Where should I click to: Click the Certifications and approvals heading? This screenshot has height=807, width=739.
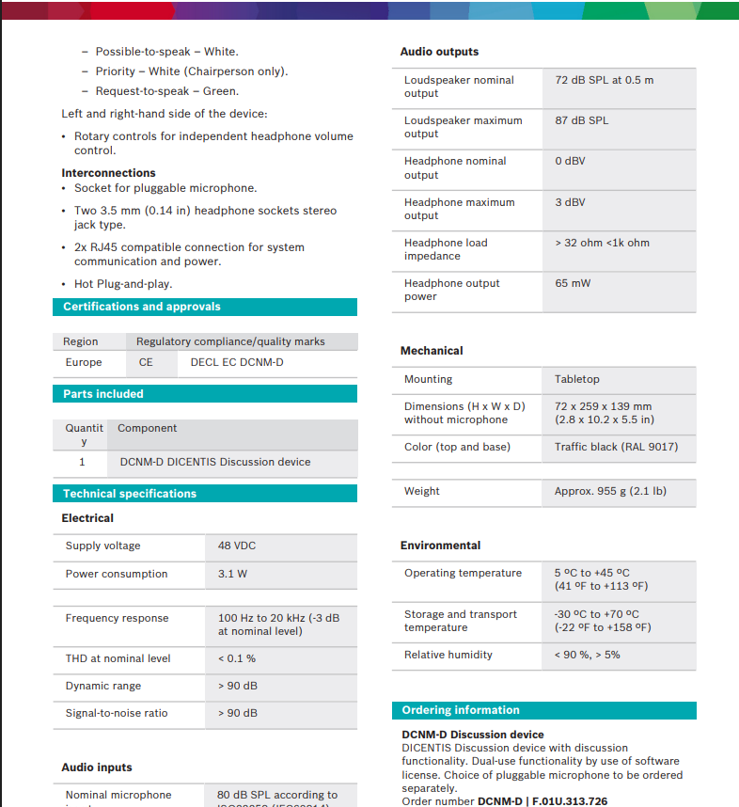(x=142, y=307)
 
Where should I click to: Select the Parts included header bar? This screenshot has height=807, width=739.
(x=103, y=394)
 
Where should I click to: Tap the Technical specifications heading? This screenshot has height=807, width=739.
(x=130, y=494)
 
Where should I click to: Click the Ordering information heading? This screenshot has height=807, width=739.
(x=461, y=710)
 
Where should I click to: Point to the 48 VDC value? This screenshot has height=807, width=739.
(x=237, y=546)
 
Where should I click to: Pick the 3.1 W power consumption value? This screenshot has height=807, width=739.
(x=232, y=574)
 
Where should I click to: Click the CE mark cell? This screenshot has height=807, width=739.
(x=146, y=362)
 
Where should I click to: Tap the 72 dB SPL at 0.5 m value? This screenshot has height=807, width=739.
(x=604, y=80)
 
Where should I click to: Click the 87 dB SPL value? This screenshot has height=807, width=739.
(x=581, y=120)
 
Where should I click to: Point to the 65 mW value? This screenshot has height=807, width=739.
(x=573, y=283)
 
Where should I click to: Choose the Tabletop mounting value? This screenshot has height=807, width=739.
(x=576, y=379)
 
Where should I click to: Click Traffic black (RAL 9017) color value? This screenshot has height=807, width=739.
(x=616, y=447)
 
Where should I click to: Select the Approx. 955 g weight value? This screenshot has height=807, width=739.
(x=610, y=491)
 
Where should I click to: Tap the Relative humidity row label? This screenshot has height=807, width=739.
(x=448, y=655)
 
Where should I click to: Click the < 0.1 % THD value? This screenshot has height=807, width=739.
(x=236, y=658)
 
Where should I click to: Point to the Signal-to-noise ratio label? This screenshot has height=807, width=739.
(x=117, y=713)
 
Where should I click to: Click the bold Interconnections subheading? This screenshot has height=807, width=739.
(x=108, y=173)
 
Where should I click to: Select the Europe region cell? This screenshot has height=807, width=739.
(x=84, y=362)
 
